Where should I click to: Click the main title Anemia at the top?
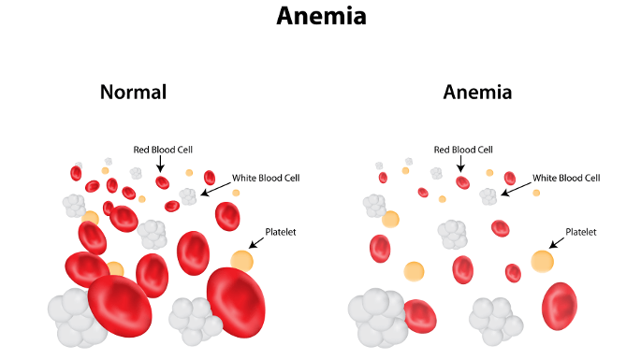point(320,16)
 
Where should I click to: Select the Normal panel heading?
point(133,92)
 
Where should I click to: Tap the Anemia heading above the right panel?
point(477,92)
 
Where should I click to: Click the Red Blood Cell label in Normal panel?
point(162,150)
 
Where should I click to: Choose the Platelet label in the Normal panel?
point(280,232)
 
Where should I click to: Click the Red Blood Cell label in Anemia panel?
point(462,150)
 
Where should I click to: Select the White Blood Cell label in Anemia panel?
point(567,177)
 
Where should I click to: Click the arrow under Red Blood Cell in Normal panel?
point(161,165)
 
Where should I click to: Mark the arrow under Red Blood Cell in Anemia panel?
point(461,165)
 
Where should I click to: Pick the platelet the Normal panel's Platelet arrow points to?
point(242,260)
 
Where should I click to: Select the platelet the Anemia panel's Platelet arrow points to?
point(542,260)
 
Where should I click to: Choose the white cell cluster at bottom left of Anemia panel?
point(373,318)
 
